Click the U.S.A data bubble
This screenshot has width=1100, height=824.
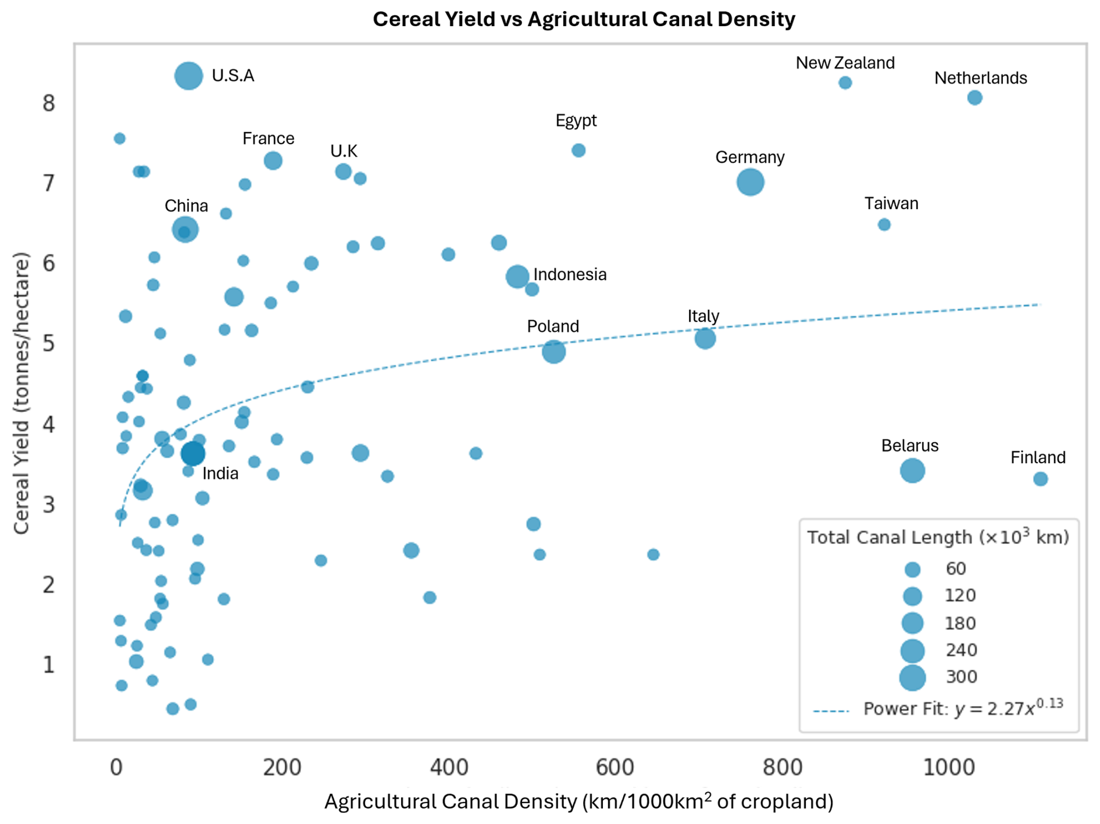188,76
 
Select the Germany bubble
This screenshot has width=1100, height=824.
750,182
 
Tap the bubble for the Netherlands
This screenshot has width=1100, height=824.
974,98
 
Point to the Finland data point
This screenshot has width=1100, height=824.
1040,479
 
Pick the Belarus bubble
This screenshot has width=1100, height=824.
912,470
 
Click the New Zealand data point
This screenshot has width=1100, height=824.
845,83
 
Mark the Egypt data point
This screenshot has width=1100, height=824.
578,151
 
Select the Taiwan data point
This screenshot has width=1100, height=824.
884,224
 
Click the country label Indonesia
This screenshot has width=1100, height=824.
569,274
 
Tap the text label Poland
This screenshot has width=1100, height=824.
552,326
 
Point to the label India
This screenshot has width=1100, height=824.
220,474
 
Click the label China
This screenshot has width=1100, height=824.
186,206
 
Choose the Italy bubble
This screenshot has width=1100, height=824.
705,338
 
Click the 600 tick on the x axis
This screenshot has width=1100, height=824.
615,767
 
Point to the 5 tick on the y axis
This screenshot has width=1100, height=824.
48,343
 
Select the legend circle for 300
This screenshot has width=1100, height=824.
912,678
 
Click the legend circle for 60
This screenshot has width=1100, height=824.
912,569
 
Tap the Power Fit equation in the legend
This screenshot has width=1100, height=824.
963,708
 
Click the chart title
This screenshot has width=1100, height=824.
584,19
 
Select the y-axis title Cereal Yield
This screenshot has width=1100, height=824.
22,393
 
